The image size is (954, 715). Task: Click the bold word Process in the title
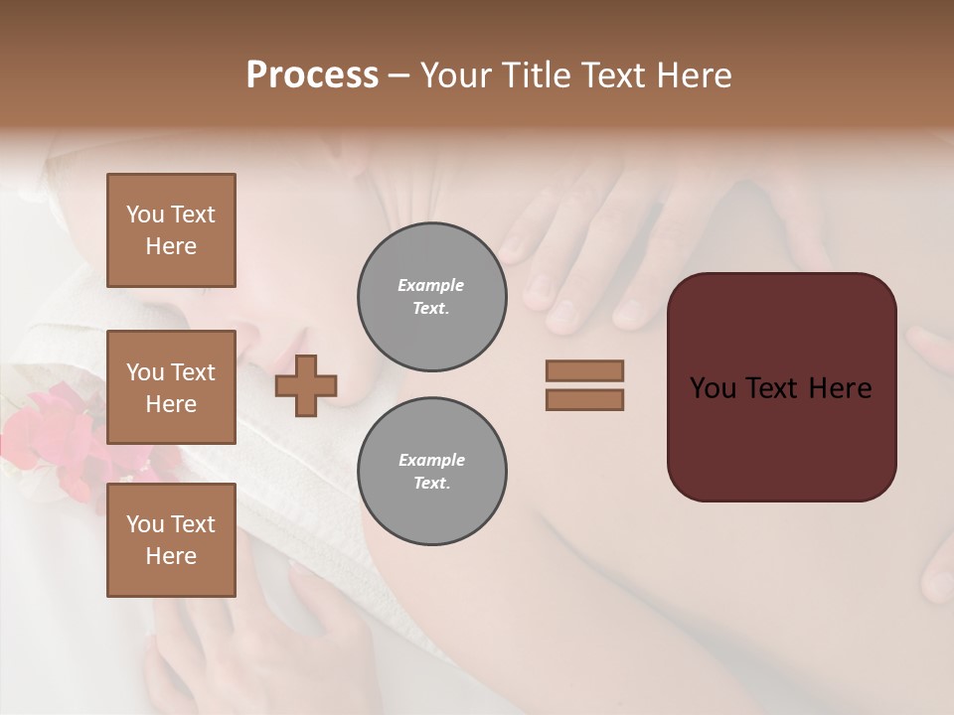point(312,75)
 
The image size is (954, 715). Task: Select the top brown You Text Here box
point(171,230)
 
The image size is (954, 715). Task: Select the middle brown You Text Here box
point(171,387)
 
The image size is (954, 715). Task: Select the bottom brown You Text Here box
point(171,539)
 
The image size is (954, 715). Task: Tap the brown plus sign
point(306,384)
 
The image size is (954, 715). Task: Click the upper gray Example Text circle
point(431,297)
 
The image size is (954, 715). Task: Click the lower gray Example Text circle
point(431,472)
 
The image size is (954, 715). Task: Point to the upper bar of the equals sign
point(585,370)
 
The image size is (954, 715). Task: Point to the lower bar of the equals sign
point(585,399)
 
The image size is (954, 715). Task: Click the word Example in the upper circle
point(431,286)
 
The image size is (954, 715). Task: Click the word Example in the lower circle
point(431,461)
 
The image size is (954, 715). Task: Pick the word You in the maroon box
point(713,388)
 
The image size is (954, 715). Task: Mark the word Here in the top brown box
point(171,246)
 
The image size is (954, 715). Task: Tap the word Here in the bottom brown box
point(171,556)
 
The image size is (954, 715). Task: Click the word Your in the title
point(458,75)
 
